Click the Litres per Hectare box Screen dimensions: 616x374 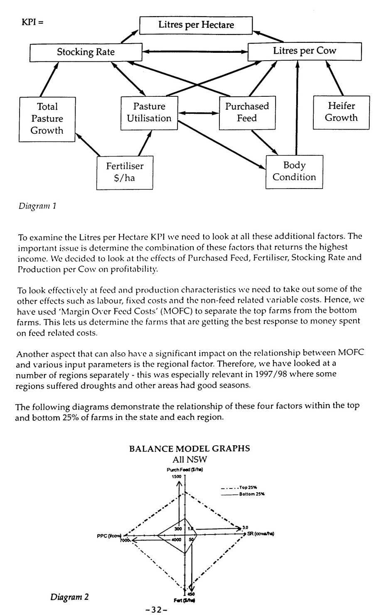[x=196, y=25]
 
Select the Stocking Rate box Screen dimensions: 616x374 [x=86, y=52]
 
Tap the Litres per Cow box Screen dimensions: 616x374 [x=304, y=51]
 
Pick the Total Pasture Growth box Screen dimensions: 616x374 [x=47, y=119]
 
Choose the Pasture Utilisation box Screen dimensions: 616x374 [x=149, y=112]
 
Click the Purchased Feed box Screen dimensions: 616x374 [x=247, y=112]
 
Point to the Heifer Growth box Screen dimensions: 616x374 [x=341, y=112]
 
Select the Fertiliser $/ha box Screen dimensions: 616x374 [x=125, y=172]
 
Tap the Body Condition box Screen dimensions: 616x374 [x=294, y=171]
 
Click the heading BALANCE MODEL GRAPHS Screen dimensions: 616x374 [x=189, y=449]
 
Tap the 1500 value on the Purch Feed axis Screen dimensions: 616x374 [x=176, y=477]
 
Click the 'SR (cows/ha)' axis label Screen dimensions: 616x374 [x=261, y=534]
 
